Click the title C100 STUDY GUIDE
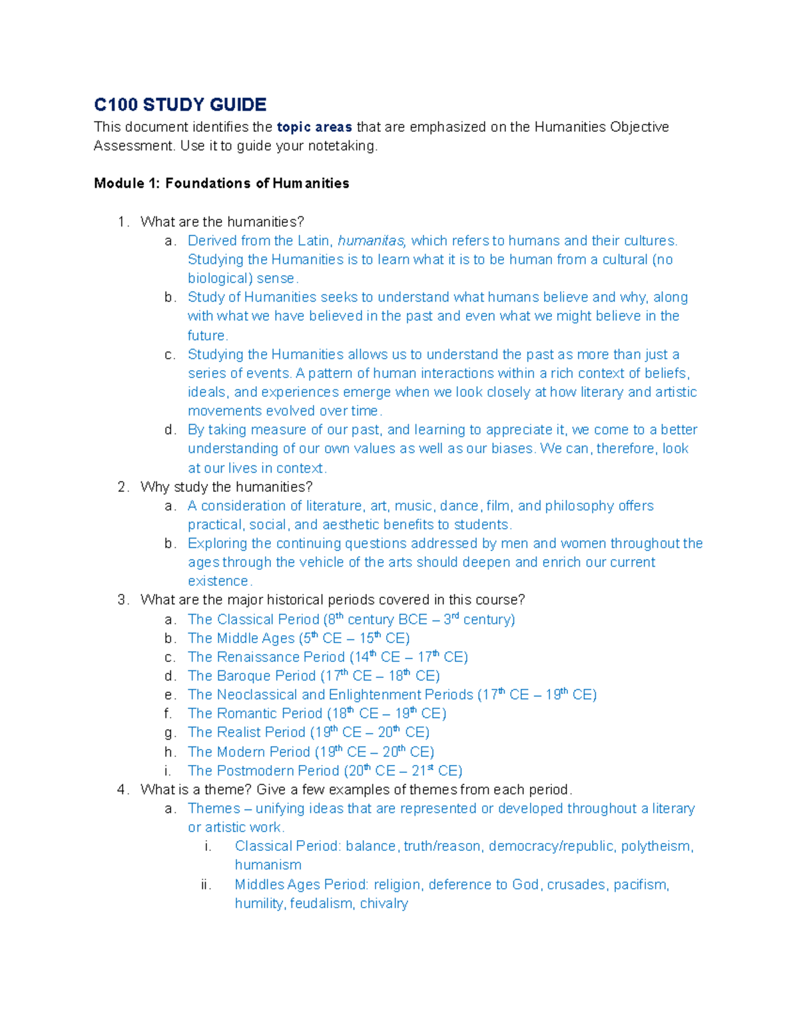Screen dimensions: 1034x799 (180, 105)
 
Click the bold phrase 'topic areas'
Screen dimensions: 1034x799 (314, 127)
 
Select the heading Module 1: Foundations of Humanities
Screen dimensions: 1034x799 (221, 183)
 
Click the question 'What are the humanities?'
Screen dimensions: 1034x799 (222, 222)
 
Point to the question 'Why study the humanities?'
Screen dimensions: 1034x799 (226, 487)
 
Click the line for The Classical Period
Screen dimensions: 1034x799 (351, 619)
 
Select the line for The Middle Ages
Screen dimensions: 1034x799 (298, 639)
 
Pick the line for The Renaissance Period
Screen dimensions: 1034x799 (328, 657)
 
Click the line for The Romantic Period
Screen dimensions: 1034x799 (317, 714)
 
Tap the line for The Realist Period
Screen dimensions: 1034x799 (308, 732)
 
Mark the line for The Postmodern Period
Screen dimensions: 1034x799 (325, 771)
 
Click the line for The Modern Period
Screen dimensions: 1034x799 (311, 752)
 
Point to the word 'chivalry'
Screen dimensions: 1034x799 (384, 904)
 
